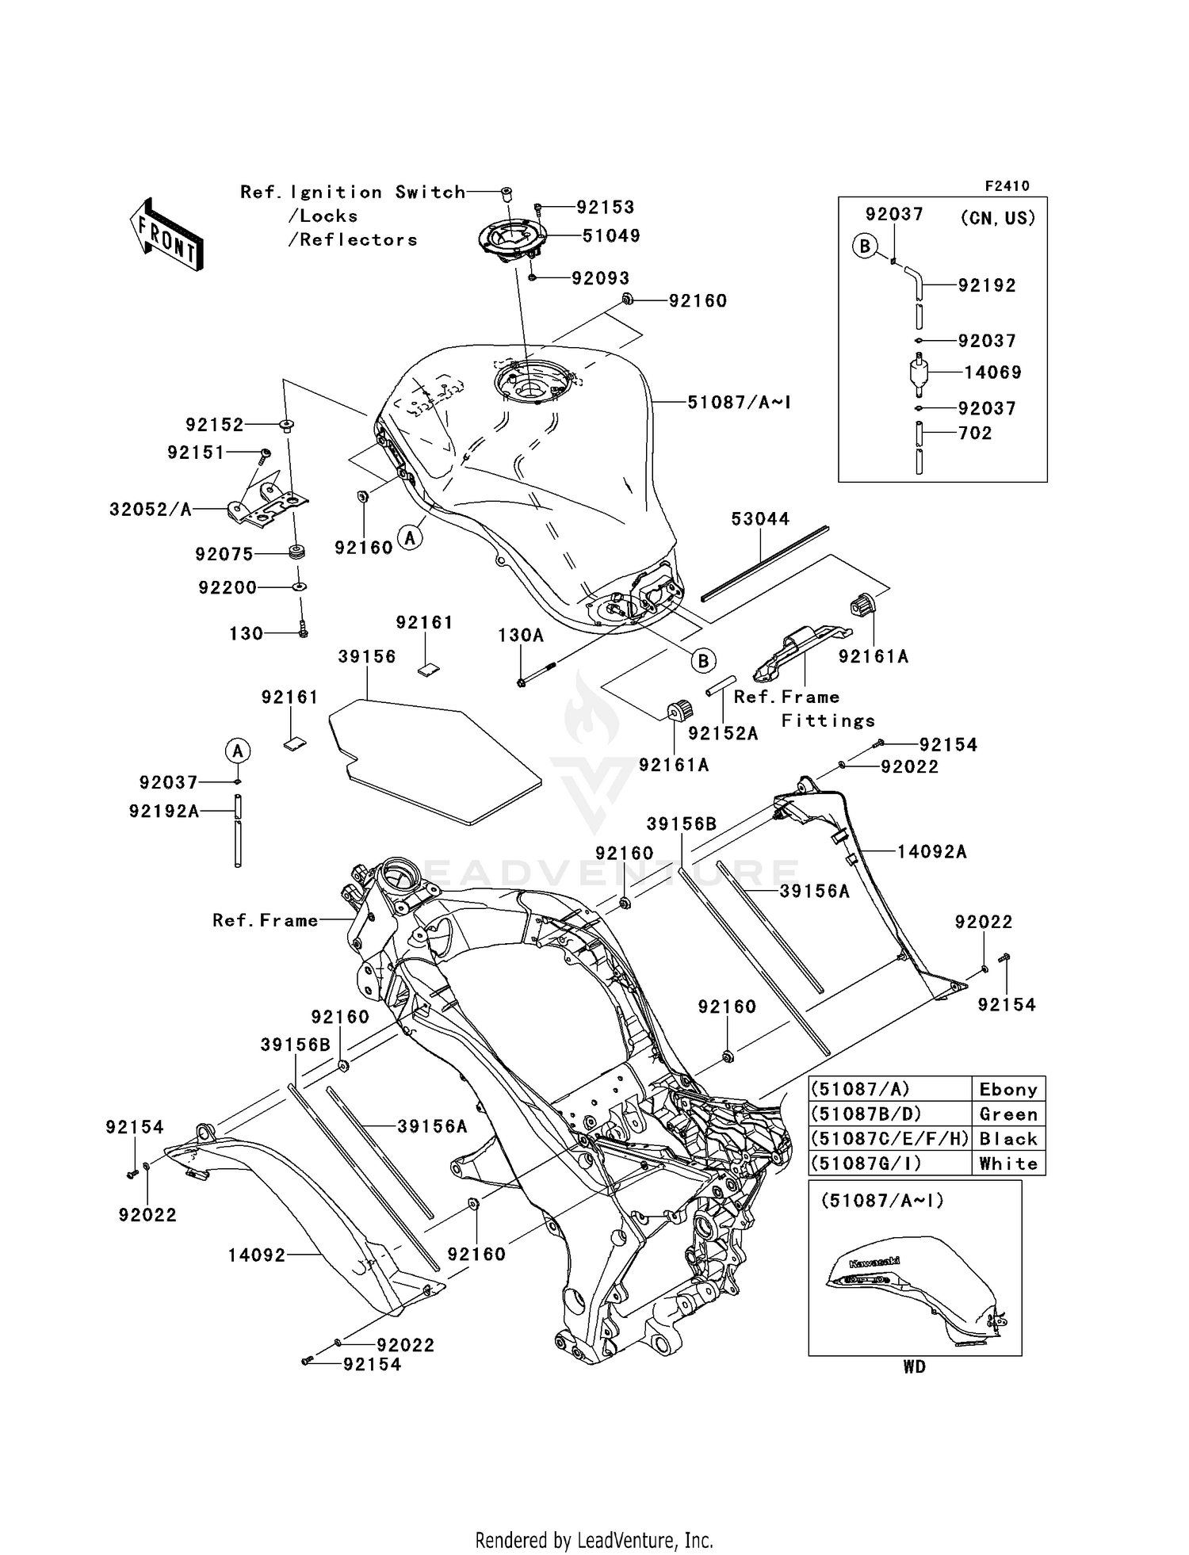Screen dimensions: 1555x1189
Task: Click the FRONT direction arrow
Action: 167,235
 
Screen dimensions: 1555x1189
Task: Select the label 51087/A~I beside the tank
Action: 739,403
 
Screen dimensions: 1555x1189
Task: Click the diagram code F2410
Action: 1007,186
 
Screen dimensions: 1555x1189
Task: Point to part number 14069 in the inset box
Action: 992,373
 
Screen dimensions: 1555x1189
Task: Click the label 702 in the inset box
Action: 975,433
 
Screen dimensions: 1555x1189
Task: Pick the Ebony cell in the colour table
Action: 1007,1089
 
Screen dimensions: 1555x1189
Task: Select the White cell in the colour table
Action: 1007,1163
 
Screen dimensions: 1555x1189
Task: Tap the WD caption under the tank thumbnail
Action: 914,1367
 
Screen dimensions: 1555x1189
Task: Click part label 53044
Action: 759,519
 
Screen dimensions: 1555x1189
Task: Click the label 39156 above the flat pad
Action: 366,657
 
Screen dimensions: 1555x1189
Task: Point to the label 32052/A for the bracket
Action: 151,510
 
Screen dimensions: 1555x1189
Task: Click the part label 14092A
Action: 931,852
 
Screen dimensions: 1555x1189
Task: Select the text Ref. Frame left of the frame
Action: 265,920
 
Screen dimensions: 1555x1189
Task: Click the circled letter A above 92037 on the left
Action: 237,750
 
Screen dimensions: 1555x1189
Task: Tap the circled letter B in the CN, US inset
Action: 865,246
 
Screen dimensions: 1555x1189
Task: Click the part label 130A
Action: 521,636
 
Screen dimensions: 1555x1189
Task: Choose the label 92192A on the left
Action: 164,811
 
